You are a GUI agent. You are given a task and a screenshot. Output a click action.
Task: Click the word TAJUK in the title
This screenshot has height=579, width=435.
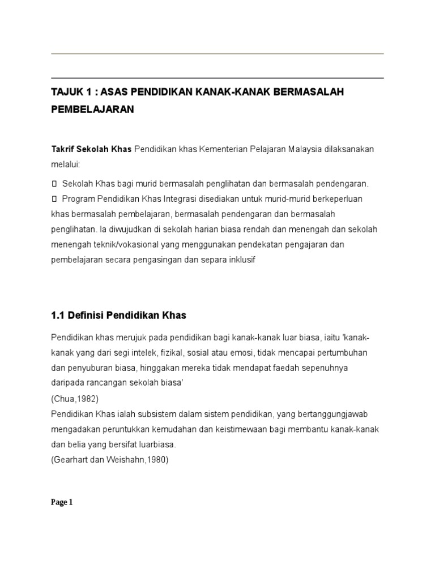coord(66,92)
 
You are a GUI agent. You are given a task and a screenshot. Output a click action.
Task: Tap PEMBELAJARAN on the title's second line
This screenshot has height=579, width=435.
coord(92,109)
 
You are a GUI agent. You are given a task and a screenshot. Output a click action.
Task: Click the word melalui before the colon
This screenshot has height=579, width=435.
coord(65,165)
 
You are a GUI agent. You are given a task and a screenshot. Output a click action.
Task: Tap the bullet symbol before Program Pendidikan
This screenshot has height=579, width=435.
coord(54,199)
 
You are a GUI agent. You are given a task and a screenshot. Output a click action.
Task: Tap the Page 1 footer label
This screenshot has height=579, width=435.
coord(62,502)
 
